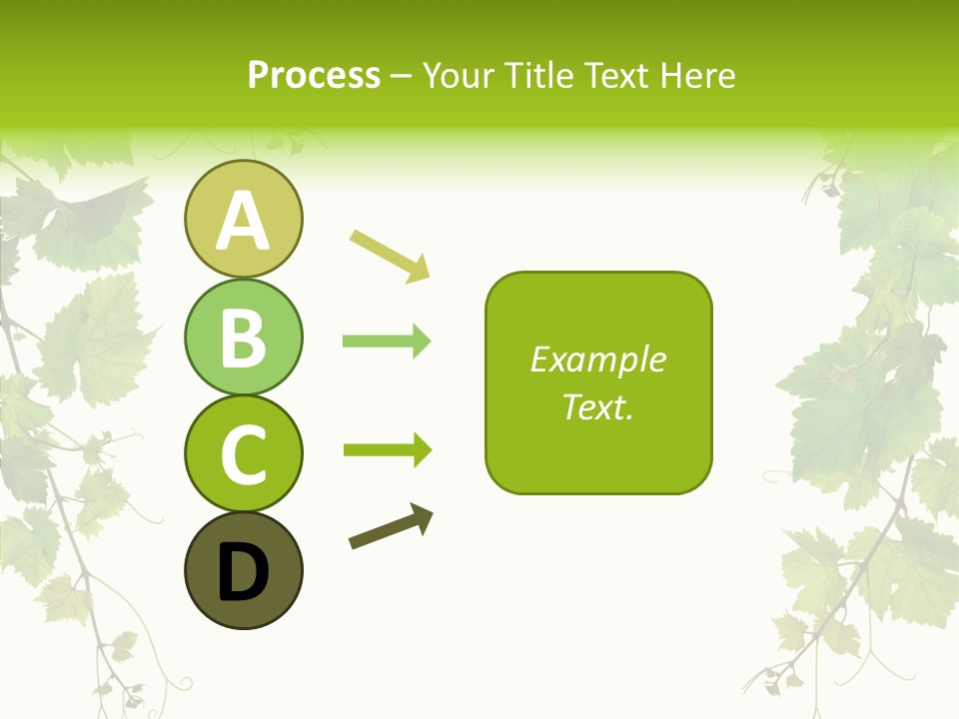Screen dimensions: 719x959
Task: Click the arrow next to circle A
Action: pos(390,255)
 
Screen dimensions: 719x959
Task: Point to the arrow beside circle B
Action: pos(387,342)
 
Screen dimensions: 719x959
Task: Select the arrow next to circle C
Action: pos(387,450)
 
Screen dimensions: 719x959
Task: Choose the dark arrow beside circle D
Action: pos(391,527)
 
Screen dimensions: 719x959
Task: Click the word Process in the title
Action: pos(314,76)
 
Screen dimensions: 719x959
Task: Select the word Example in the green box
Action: pos(598,359)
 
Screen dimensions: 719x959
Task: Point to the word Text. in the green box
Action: pos(598,406)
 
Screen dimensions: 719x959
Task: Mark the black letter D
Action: pos(243,572)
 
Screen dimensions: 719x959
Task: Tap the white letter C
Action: pos(243,454)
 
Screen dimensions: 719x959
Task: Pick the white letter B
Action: pos(243,338)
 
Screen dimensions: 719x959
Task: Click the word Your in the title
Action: pos(459,76)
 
